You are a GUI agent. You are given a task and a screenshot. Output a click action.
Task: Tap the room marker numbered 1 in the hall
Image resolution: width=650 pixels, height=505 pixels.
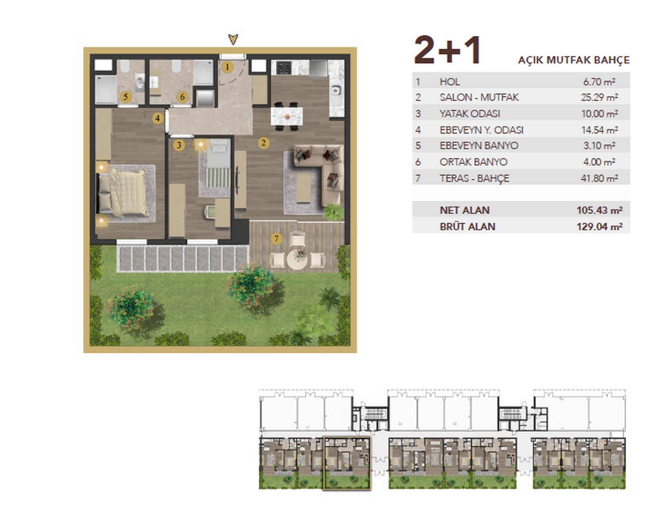pyautogui.click(x=227, y=67)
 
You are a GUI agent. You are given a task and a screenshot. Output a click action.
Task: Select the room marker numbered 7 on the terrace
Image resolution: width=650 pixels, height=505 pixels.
pyautogui.click(x=276, y=239)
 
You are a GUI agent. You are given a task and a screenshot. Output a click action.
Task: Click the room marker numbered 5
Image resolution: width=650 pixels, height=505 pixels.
pyautogui.click(x=125, y=97)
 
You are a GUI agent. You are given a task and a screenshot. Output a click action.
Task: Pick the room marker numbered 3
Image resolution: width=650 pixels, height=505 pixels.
pyautogui.click(x=179, y=145)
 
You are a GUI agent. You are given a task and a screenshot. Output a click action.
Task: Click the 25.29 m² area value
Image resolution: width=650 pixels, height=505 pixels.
pyautogui.click(x=599, y=97)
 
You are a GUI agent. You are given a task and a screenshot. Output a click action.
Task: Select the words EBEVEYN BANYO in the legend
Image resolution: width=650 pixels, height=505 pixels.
pyautogui.click(x=479, y=145)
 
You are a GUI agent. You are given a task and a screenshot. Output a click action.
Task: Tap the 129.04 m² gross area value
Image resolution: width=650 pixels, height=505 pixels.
pyautogui.click(x=600, y=226)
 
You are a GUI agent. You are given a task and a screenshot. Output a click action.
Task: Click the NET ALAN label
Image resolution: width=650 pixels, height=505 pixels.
pyautogui.click(x=464, y=210)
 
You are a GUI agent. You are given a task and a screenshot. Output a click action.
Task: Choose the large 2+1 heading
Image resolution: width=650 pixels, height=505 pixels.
pyautogui.click(x=447, y=50)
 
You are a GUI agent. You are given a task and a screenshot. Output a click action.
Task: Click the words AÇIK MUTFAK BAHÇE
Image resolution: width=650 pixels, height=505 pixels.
pyautogui.click(x=574, y=60)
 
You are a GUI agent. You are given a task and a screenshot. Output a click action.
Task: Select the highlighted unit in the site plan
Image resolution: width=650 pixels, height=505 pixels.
pyautogui.click(x=347, y=463)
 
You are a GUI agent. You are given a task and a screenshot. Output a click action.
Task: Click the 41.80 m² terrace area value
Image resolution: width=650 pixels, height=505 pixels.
pyautogui.click(x=599, y=178)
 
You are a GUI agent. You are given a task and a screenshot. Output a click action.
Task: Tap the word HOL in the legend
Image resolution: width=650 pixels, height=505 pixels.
pyautogui.click(x=450, y=82)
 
